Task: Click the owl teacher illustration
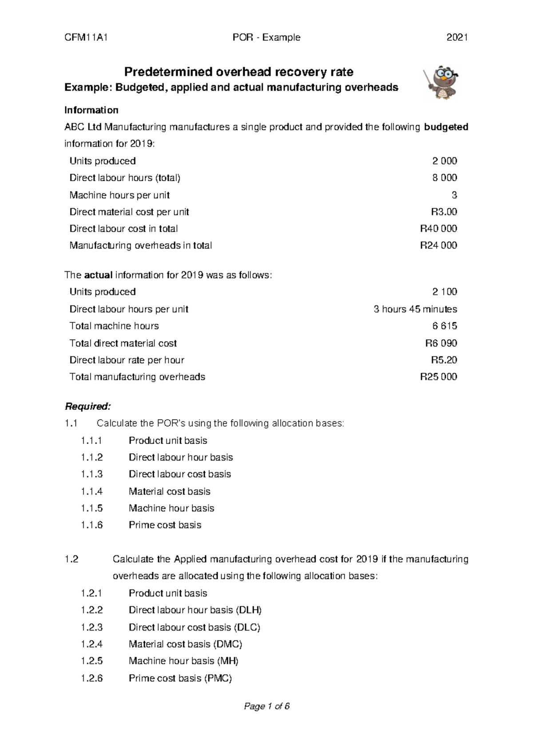point(442,83)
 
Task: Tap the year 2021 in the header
point(457,38)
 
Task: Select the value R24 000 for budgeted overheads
point(438,246)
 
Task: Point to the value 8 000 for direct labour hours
point(445,178)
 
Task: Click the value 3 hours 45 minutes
point(415,309)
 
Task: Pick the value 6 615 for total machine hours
point(445,326)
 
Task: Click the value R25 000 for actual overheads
point(438,377)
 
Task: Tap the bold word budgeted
point(446,127)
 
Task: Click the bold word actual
point(98,275)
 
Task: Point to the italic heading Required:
point(87,406)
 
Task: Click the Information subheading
point(91,110)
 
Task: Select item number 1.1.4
point(91,491)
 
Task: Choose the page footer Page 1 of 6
point(266,706)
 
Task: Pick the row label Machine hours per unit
point(119,195)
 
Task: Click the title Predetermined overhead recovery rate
point(239,71)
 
